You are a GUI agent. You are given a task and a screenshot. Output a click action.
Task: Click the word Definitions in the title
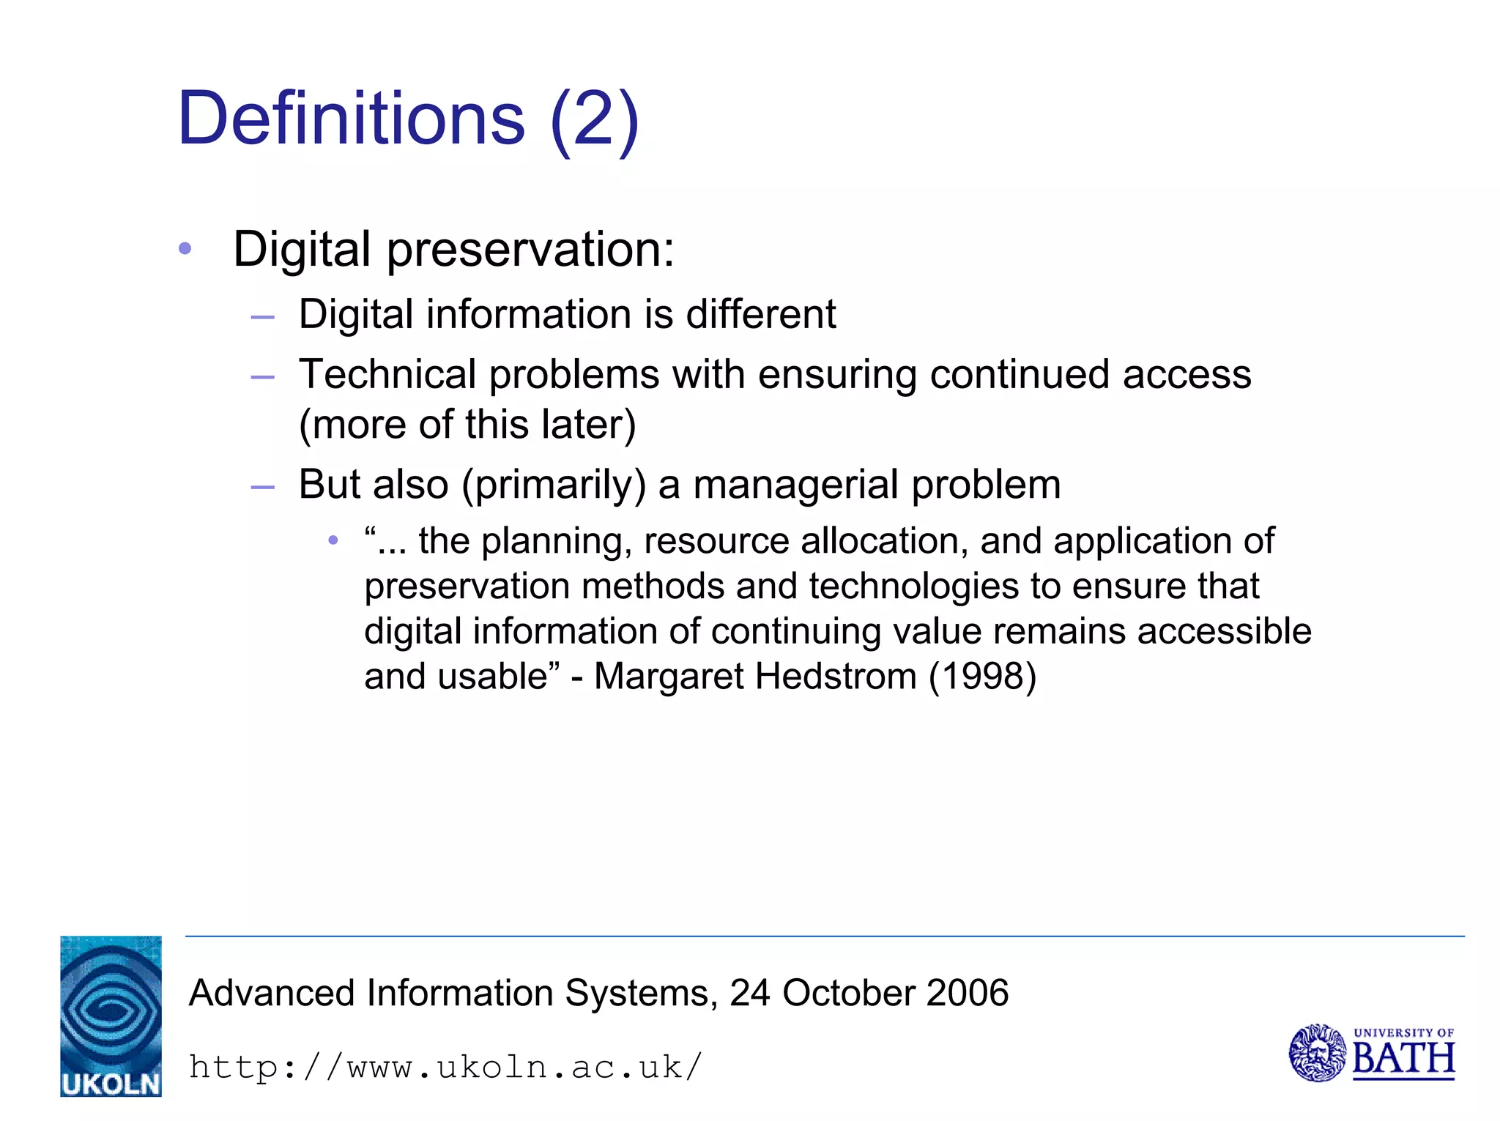(351, 119)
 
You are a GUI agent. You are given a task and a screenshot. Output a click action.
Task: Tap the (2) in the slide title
(594, 120)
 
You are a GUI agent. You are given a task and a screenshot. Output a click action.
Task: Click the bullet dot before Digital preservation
(185, 249)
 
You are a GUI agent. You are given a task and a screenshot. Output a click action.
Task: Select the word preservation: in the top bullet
(530, 250)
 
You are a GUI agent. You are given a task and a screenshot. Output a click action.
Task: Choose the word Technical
(387, 375)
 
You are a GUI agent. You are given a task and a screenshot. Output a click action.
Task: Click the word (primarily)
(554, 485)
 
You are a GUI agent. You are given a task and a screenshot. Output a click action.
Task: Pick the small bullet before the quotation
(333, 541)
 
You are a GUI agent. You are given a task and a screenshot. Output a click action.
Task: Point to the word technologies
(913, 586)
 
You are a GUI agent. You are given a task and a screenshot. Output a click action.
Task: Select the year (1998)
(982, 677)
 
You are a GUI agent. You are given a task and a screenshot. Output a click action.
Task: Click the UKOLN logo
(111, 1016)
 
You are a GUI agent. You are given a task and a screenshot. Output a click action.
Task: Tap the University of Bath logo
(1371, 1053)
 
